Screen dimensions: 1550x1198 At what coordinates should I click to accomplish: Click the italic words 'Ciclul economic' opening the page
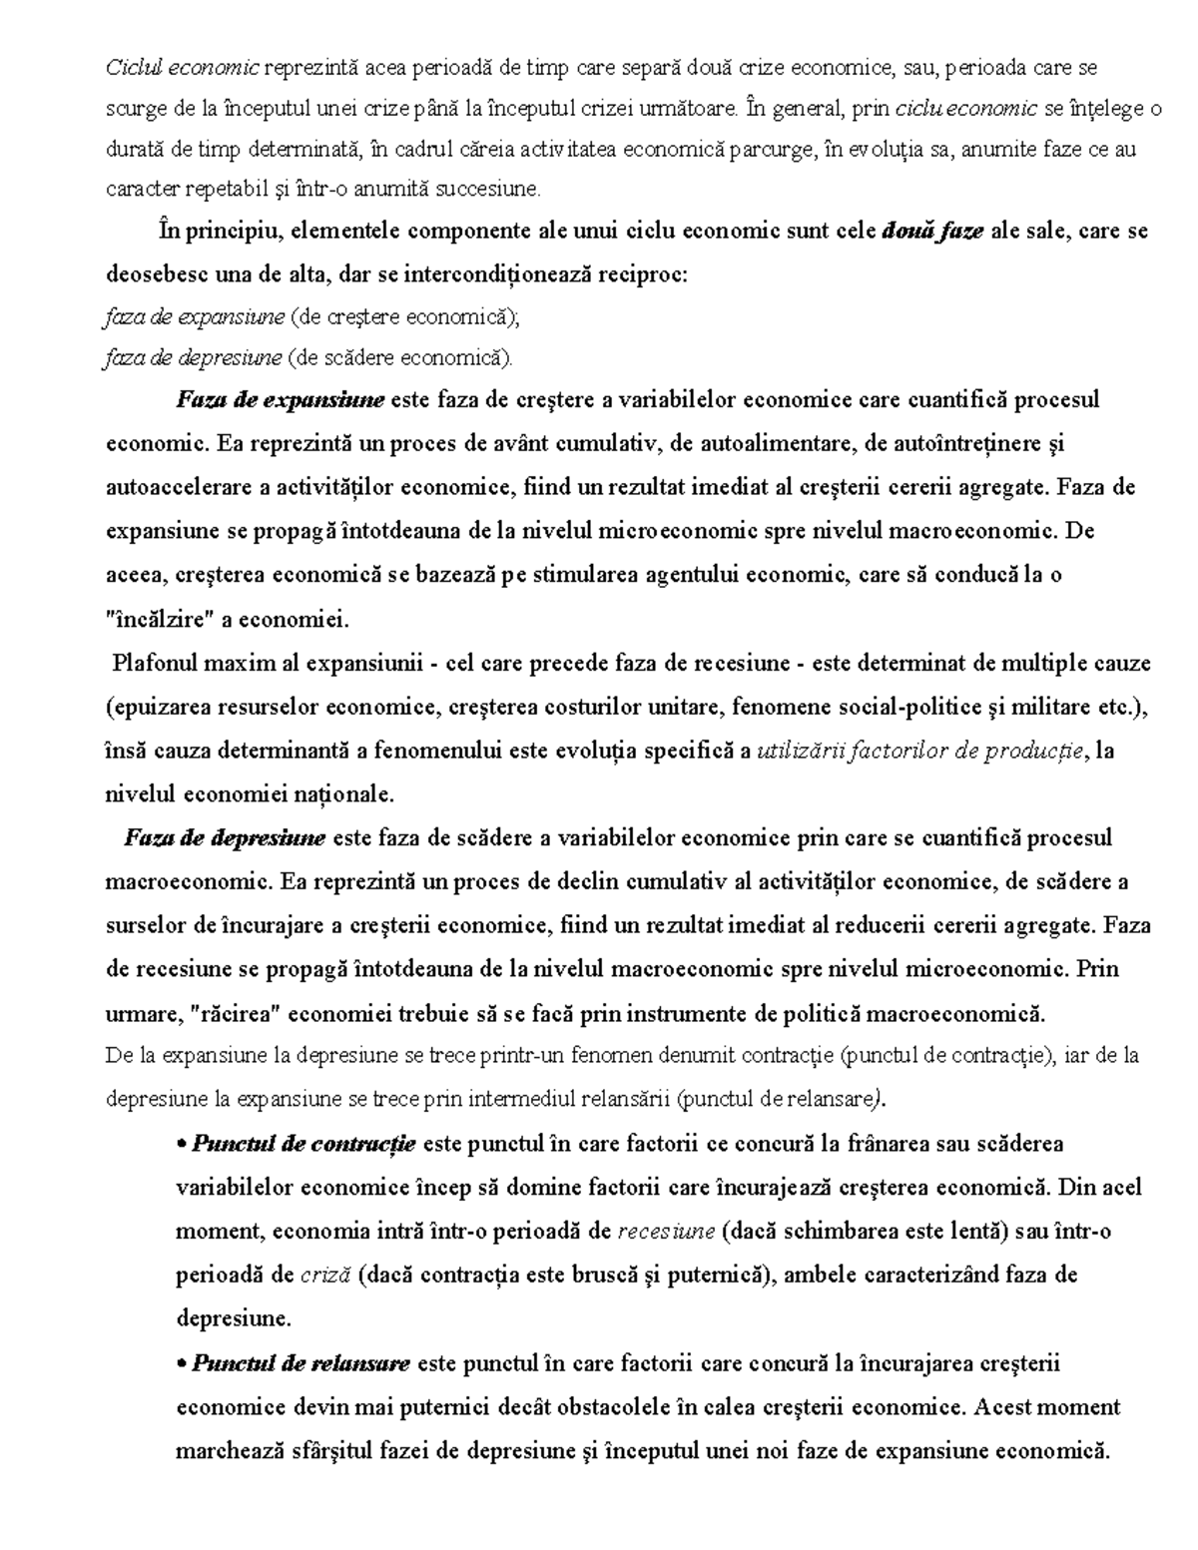[182, 68]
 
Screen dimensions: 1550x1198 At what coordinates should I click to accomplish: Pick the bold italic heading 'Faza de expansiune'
[280, 400]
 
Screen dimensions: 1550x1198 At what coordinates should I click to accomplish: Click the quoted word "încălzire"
[159, 619]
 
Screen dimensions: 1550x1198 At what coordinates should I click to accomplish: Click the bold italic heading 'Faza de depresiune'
[225, 837]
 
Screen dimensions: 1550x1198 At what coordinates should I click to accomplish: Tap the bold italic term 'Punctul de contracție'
[303, 1143]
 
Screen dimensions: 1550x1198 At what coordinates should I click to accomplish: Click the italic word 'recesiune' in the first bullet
[666, 1231]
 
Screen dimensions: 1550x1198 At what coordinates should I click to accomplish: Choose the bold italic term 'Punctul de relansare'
[300, 1362]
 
